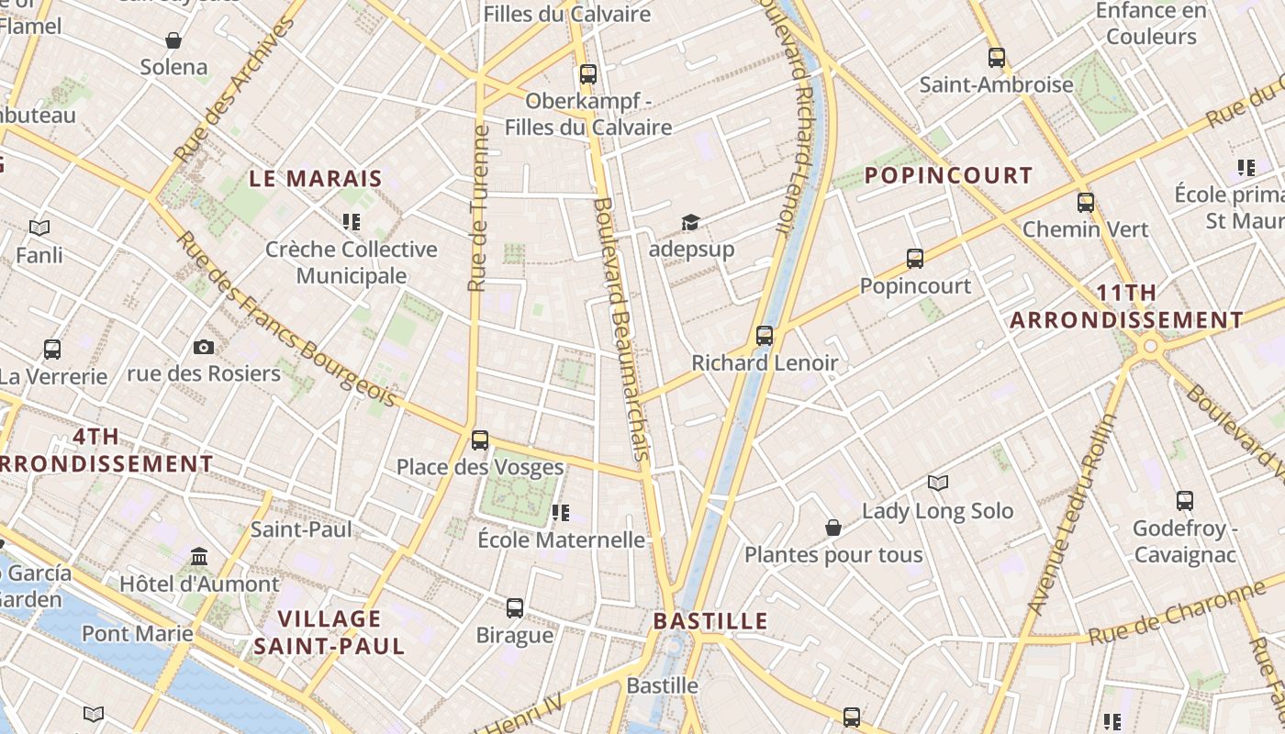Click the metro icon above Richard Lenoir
point(765,336)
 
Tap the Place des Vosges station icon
point(480,440)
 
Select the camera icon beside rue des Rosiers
point(204,347)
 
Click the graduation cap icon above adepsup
point(690,222)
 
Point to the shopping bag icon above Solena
point(173,40)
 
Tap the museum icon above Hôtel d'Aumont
point(199,557)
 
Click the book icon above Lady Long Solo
point(937,483)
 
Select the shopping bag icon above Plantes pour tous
point(833,528)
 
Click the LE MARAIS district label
point(316,179)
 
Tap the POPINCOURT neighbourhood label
point(949,175)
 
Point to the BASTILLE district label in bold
point(710,621)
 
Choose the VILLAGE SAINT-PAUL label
point(330,632)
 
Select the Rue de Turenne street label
point(478,208)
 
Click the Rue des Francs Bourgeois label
point(285,319)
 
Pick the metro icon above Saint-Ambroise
point(997,58)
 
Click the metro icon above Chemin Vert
point(1086,203)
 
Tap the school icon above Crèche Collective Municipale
point(351,222)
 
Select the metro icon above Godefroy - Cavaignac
point(1185,501)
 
